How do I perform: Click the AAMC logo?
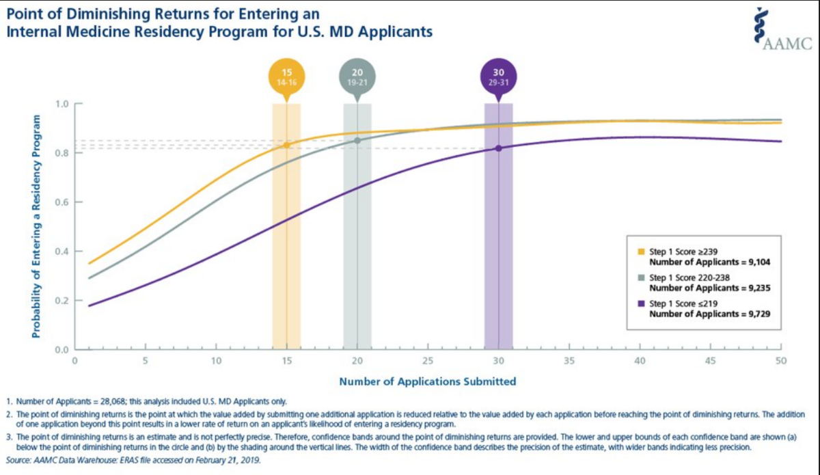coord(785,30)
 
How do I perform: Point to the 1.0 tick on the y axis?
coord(63,104)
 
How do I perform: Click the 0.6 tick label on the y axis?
coord(63,202)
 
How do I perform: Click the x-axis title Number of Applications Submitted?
coord(427,381)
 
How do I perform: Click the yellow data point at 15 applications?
coord(287,145)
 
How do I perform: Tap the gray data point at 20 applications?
coord(357,141)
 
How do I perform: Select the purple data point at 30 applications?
coord(499,148)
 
